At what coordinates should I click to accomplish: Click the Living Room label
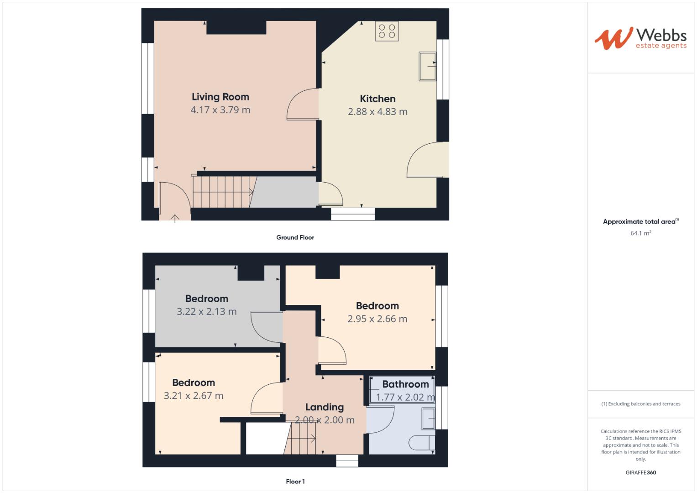pos(220,97)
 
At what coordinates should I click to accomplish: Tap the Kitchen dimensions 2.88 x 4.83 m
pos(377,112)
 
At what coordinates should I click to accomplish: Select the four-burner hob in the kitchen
pos(387,31)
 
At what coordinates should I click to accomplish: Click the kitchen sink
pos(428,67)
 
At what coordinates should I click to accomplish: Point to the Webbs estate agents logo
pos(640,38)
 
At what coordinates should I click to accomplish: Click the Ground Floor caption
pos(295,237)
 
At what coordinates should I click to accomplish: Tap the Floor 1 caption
pos(295,482)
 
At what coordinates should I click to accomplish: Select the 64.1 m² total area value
pos(640,233)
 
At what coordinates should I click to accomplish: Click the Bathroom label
pos(405,384)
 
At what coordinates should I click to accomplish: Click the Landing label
pos(325,407)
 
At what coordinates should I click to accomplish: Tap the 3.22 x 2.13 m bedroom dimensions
pos(206,312)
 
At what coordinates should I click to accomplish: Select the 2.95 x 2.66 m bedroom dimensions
pos(377,319)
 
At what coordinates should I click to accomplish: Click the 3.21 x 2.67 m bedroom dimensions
pos(194,396)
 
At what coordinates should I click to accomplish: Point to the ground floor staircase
pos(222,192)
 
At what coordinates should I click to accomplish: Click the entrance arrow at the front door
pos(175,218)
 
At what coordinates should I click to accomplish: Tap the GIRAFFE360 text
pos(640,472)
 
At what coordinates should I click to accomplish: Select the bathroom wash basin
pos(428,419)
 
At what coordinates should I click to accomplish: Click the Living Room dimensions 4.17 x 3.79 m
pos(220,110)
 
